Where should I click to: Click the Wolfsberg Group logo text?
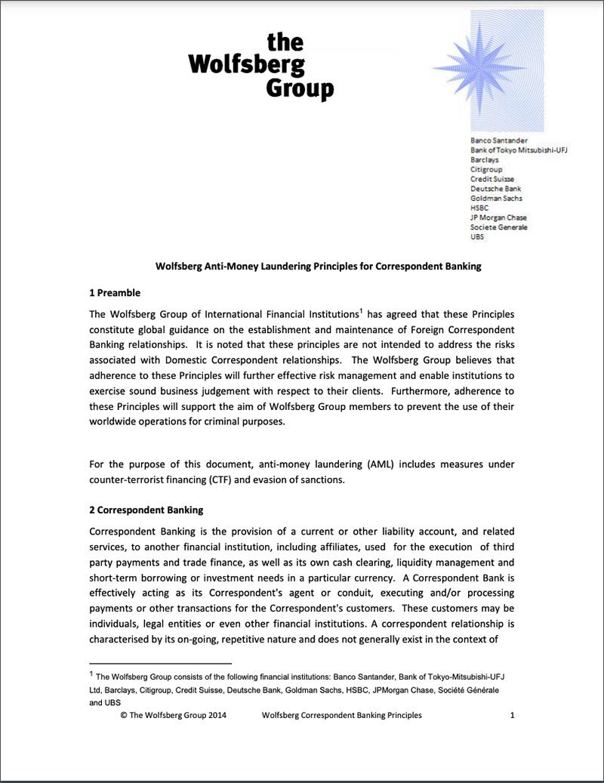pyautogui.click(x=261, y=66)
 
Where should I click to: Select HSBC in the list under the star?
pyautogui.click(x=479, y=208)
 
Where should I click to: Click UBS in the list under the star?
pyautogui.click(x=477, y=237)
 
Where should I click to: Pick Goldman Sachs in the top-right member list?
pyautogui.click(x=496, y=198)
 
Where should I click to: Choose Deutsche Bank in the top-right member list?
pyautogui.click(x=495, y=189)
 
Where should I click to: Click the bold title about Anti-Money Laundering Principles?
pyautogui.click(x=318, y=267)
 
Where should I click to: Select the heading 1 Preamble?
pyautogui.click(x=115, y=293)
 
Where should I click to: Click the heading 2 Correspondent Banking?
pyautogui.click(x=146, y=510)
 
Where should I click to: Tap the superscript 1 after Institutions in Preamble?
pyautogui.click(x=361, y=310)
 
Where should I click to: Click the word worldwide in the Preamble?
pyautogui.click(x=114, y=421)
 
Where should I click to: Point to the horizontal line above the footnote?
pyautogui.click(x=149, y=662)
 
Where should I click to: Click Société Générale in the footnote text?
pyautogui.click(x=467, y=690)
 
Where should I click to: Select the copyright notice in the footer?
pyautogui.click(x=173, y=715)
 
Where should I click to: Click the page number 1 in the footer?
pyautogui.click(x=513, y=715)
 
